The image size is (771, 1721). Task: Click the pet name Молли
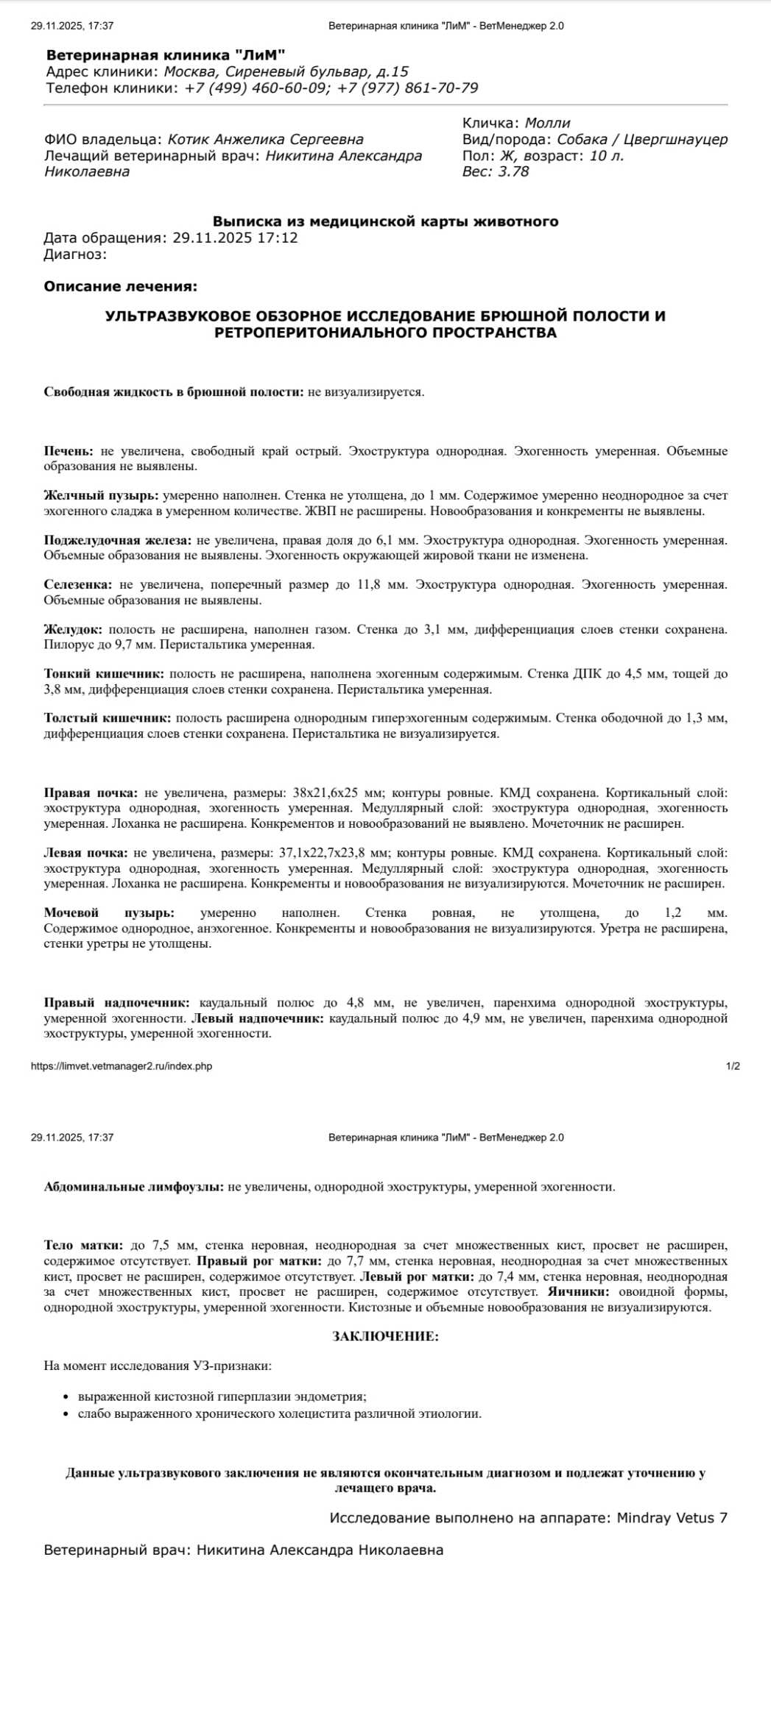(547, 123)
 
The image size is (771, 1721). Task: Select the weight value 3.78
(513, 171)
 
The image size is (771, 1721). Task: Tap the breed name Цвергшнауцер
(675, 139)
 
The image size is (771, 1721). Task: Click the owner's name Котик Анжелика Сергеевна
(265, 139)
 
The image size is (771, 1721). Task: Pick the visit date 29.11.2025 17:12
(235, 238)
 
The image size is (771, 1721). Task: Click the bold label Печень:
(68, 451)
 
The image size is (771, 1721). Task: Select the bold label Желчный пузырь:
(101, 496)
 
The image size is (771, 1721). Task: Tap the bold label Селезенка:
(77, 584)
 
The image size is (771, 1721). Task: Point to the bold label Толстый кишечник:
(107, 717)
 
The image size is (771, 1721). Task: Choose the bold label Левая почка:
(85, 853)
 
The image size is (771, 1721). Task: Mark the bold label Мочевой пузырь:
(108, 912)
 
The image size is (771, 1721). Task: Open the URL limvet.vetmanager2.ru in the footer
(122, 1066)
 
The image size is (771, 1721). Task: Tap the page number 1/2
(733, 1066)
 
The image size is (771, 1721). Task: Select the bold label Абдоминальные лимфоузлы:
(133, 1187)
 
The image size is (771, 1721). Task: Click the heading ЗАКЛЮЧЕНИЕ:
(385, 1336)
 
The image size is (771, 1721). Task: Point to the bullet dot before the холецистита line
(66, 1414)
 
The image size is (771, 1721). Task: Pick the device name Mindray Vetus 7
(672, 1518)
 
